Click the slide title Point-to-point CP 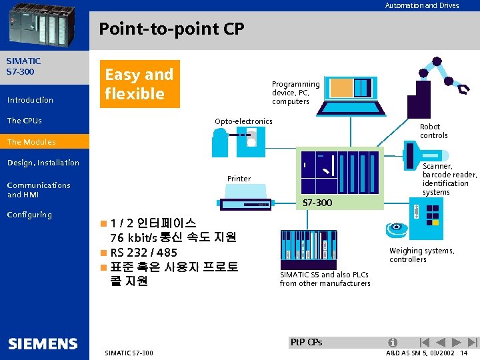(x=171, y=29)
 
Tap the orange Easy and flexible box (x=139, y=84)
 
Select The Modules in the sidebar (x=31, y=142)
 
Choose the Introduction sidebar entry (x=30, y=100)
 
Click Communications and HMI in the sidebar (x=39, y=190)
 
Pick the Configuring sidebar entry (x=29, y=215)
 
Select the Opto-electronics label (x=243, y=121)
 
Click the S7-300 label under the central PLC (x=317, y=202)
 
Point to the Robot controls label (x=433, y=131)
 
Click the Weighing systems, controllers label (x=421, y=255)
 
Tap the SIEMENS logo (x=43, y=344)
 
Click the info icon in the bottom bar (x=394, y=343)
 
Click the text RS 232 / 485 (x=143, y=253)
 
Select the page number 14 (x=463, y=353)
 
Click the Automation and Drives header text (x=421, y=5)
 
